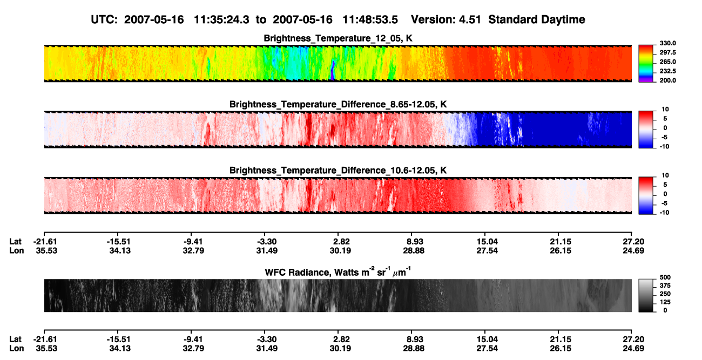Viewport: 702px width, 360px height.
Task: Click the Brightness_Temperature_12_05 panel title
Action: [337, 38]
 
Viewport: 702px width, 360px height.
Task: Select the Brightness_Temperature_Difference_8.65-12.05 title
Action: [337, 104]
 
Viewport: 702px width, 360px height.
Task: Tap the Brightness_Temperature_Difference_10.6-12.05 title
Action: [337, 171]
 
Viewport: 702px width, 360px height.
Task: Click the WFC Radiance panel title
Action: [337, 271]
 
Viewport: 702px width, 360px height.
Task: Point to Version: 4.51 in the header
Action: [446, 19]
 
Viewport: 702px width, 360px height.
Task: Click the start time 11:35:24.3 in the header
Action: [221, 19]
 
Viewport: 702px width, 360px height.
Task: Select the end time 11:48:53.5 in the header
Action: [370, 19]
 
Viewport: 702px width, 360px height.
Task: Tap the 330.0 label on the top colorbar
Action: [667, 43]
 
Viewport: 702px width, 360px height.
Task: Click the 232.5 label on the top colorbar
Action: [667, 71]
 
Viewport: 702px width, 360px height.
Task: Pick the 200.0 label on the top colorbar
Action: [667, 80]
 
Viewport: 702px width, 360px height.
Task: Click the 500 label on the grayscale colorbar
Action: [665, 277]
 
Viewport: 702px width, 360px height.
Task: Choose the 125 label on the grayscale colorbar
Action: [665, 302]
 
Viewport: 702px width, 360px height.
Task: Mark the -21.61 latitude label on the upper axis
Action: [45, 242]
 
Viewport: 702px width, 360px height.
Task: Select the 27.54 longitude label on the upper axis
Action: [487, 250]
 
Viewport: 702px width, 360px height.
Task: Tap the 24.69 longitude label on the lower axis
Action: [633, 349]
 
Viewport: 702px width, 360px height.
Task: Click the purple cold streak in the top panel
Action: [333, 71]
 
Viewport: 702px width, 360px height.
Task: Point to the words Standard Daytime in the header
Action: [537, 19]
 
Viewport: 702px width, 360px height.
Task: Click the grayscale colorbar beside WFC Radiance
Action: [646, 295]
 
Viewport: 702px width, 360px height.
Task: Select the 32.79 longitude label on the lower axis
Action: [193, 349]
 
